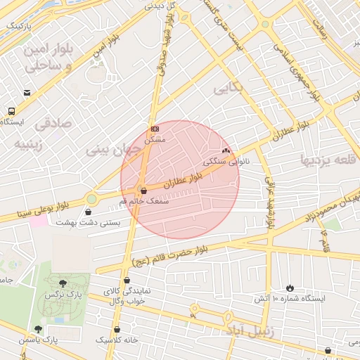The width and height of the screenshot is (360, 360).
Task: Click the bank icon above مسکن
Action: (x=154, y=129)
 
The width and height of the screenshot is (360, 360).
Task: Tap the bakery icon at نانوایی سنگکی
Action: (x=226, y=150)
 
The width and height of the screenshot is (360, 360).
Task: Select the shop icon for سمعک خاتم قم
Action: (x=143, y=191)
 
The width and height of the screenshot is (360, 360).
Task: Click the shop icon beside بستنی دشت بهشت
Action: (x=88, y=211)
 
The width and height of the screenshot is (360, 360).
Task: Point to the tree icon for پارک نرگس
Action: (x=63, y=283)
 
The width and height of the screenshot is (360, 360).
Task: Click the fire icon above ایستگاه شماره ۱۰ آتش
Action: (x=290, y=288)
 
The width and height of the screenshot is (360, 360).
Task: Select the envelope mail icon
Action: (x=27, y=93)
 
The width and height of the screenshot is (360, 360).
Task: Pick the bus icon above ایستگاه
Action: (x=11, y=111)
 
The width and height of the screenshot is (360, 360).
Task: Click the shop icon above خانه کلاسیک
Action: (x=117, y=328)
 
